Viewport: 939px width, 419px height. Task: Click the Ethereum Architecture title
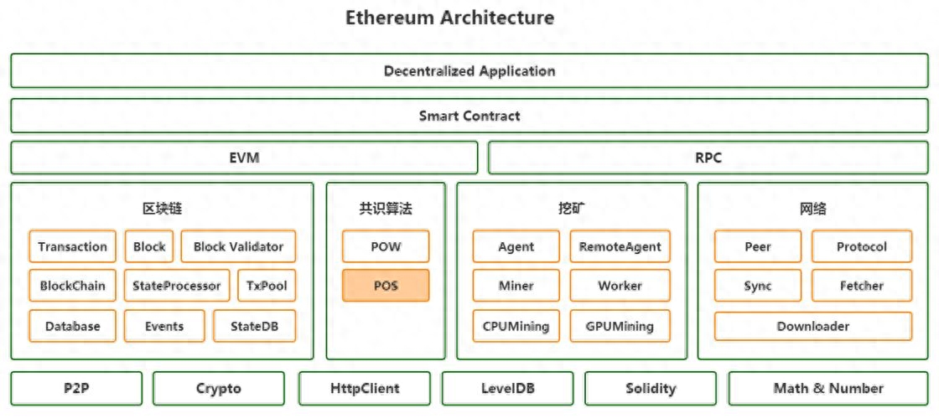[449, 18]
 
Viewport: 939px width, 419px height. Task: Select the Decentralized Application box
[469, 71]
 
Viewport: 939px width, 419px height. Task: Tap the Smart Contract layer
[469, 116]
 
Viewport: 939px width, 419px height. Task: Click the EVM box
[244, 158]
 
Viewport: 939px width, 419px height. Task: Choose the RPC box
[708, 158]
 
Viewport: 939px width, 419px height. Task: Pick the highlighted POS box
[386, 286]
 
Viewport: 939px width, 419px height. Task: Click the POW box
[386, 246]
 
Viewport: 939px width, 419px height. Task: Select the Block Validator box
[238, 246]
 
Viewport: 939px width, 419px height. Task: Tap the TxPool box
[267, 286]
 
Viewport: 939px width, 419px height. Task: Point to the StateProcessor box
[176, 286]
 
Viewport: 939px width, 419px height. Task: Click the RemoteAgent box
[620, 246]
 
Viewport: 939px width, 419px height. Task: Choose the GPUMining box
[620, 326]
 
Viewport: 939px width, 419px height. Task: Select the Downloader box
[812, 326]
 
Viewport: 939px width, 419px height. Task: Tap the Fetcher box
[861, 286]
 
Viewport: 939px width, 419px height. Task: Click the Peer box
[757, 246]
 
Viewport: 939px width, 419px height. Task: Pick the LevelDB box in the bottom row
[507, 389]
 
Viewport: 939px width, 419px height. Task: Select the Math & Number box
[828, 389]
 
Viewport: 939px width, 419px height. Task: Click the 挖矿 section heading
[571, 209]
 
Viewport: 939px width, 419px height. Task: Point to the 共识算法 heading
[386, 209]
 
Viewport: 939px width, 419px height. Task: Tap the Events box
[163, 326]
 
